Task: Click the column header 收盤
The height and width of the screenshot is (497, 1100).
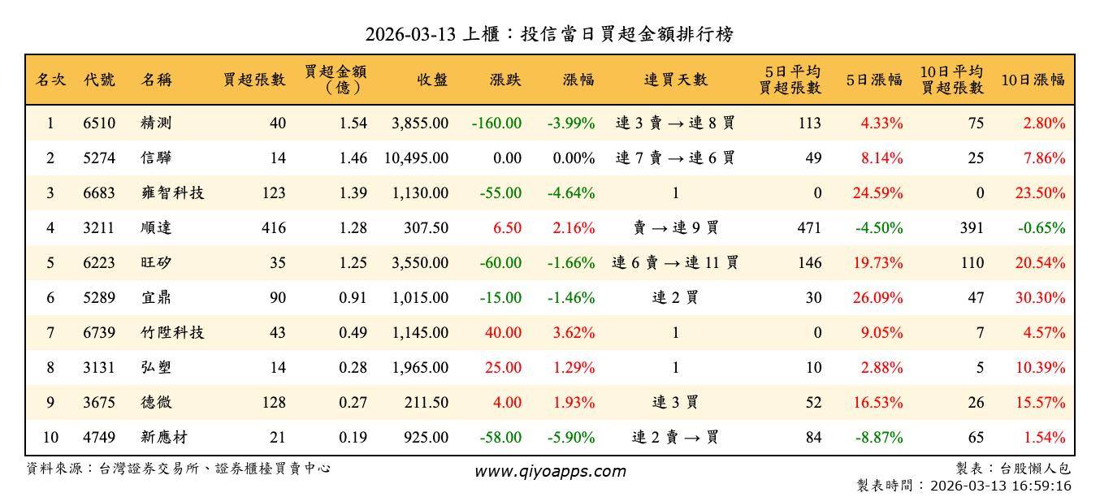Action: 432,80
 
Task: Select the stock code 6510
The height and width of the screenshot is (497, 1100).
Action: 99,123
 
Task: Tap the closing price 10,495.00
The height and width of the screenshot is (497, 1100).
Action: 416,158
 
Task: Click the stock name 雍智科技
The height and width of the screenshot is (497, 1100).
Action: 171,193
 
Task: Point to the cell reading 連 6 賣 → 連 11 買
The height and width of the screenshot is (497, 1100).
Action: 675,263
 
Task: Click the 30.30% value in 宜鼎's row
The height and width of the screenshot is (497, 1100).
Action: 1040,298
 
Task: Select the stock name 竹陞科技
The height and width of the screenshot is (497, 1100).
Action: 171,333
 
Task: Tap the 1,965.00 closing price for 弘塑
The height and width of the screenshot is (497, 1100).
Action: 419,368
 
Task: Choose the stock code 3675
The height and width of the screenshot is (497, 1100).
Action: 99,403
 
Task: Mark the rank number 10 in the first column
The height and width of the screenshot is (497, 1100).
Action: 50,438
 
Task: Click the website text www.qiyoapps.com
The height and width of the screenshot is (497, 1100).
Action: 550,471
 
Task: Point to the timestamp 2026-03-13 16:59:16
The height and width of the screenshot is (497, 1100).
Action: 1002,486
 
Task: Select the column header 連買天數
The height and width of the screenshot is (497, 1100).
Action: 675,80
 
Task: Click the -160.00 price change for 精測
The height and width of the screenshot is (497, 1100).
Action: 496,123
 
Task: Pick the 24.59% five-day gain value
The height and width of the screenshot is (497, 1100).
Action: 878,193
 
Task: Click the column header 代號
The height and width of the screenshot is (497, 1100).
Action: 99,80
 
